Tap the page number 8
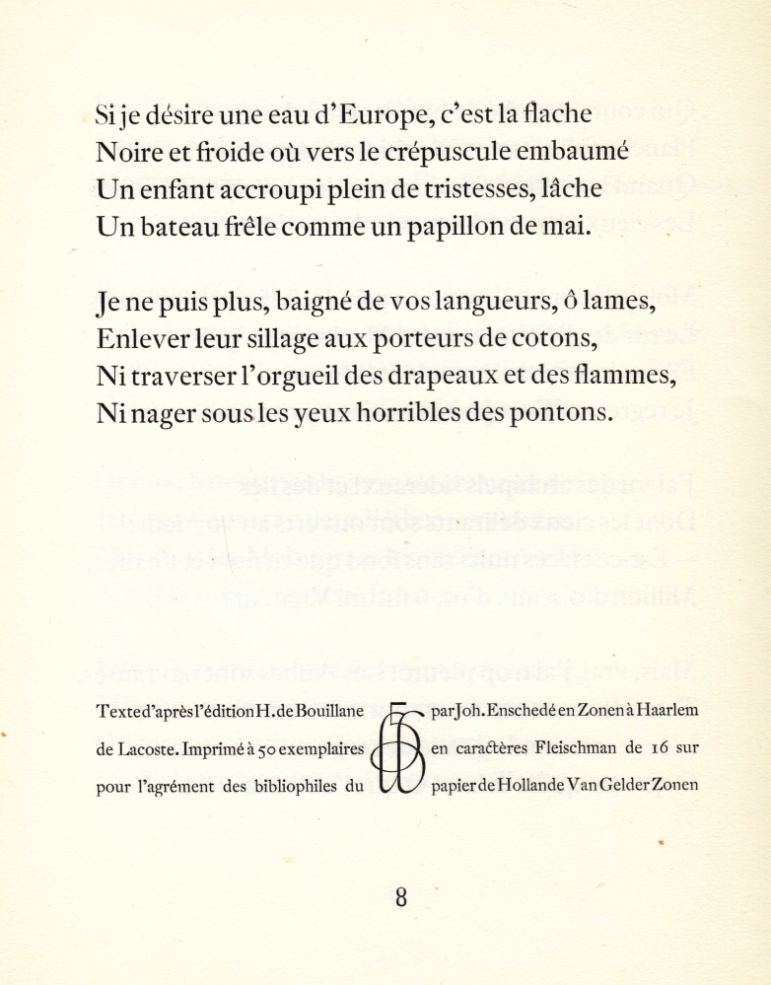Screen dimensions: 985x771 click(x=400, y=896)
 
